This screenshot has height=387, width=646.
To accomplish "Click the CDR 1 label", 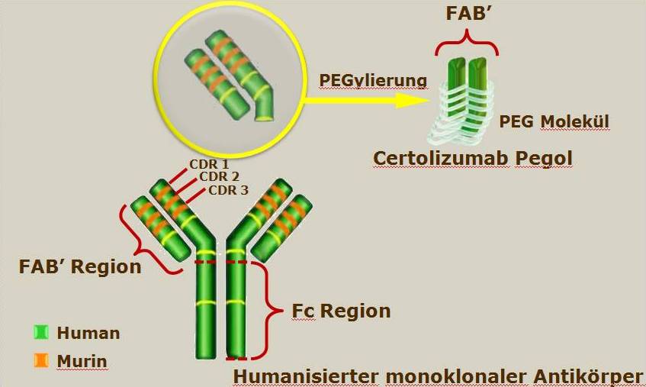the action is [x=209, y=164].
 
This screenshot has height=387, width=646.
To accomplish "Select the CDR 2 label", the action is [x=219, y=177].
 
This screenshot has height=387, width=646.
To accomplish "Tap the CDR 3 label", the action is [x=228, y=190].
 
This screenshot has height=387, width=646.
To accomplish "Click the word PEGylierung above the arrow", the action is [x=373, y=81].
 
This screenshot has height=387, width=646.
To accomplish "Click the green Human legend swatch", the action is [x=40, y=332].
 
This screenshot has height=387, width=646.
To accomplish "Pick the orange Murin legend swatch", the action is [x=40, y=360].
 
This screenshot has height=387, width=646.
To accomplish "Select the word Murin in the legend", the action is [x=82, y=361].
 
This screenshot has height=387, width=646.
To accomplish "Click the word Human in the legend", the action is [x=88, y=333].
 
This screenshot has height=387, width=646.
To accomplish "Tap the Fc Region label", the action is [x=341, y=311].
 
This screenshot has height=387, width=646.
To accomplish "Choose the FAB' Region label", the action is [x=80, y=266].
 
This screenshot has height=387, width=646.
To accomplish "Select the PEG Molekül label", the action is [x=554, y=121].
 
